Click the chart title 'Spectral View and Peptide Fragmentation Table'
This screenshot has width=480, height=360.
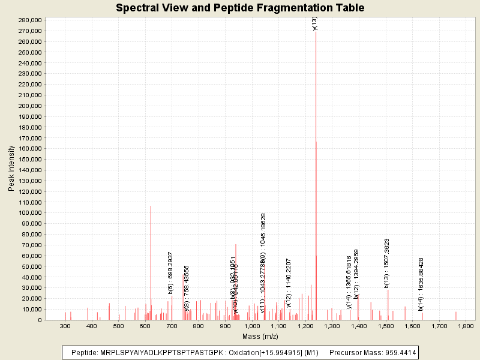[240, 8]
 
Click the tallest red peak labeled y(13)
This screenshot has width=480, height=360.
[316, 180]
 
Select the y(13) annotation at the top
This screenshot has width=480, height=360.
[315, 23]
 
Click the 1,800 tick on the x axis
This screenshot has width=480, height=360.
[466, 326]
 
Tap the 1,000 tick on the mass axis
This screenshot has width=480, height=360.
[252, 326]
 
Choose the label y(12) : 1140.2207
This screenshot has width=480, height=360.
[289, 282]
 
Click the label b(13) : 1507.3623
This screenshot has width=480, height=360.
[387, 263]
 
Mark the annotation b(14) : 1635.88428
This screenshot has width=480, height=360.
[421, 284]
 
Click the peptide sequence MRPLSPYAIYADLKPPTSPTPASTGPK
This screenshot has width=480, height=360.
[155, 352]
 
